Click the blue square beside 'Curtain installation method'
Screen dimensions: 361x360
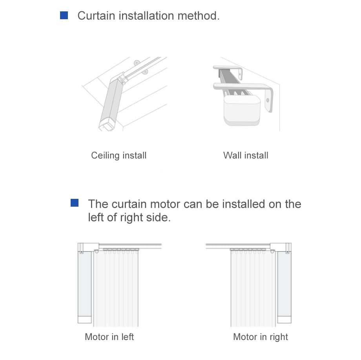[64, 15]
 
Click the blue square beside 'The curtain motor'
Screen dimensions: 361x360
[75, 203]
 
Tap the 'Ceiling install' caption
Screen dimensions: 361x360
[119, 156]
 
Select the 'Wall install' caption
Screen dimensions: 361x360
[246, 155]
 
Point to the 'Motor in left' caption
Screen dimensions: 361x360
[109, 337]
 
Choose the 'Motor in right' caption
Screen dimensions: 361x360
[261, 337]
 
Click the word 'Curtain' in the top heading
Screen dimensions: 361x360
[96, 16]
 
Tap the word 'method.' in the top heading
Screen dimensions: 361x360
[199, 16]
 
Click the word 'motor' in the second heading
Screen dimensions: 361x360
[165, 204]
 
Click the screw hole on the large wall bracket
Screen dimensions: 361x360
[268, 100]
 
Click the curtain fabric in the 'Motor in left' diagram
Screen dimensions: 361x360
[116, 289]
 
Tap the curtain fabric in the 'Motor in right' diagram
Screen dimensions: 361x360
[253, 289]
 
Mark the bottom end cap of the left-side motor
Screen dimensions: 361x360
[85, 320]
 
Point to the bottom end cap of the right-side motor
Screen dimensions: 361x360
[284, 320]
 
